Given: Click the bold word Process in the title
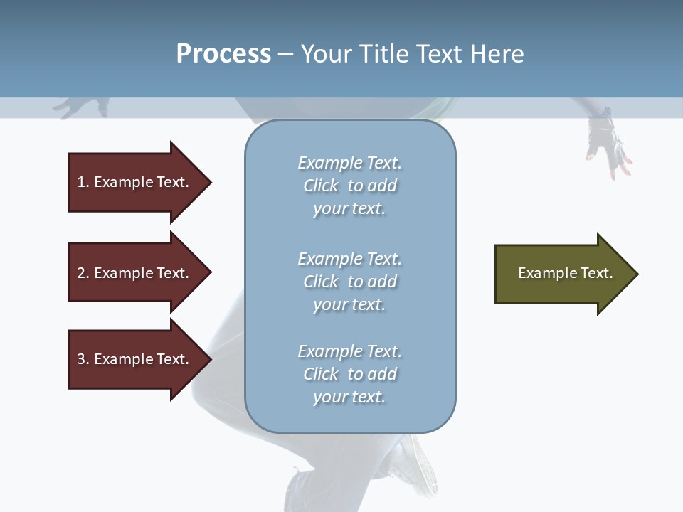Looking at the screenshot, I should click(223, 54).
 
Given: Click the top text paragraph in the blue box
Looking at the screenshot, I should click(349, 186).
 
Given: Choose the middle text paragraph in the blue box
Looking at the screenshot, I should click(349, 282).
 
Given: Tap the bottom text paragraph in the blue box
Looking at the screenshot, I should click(349, 374).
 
